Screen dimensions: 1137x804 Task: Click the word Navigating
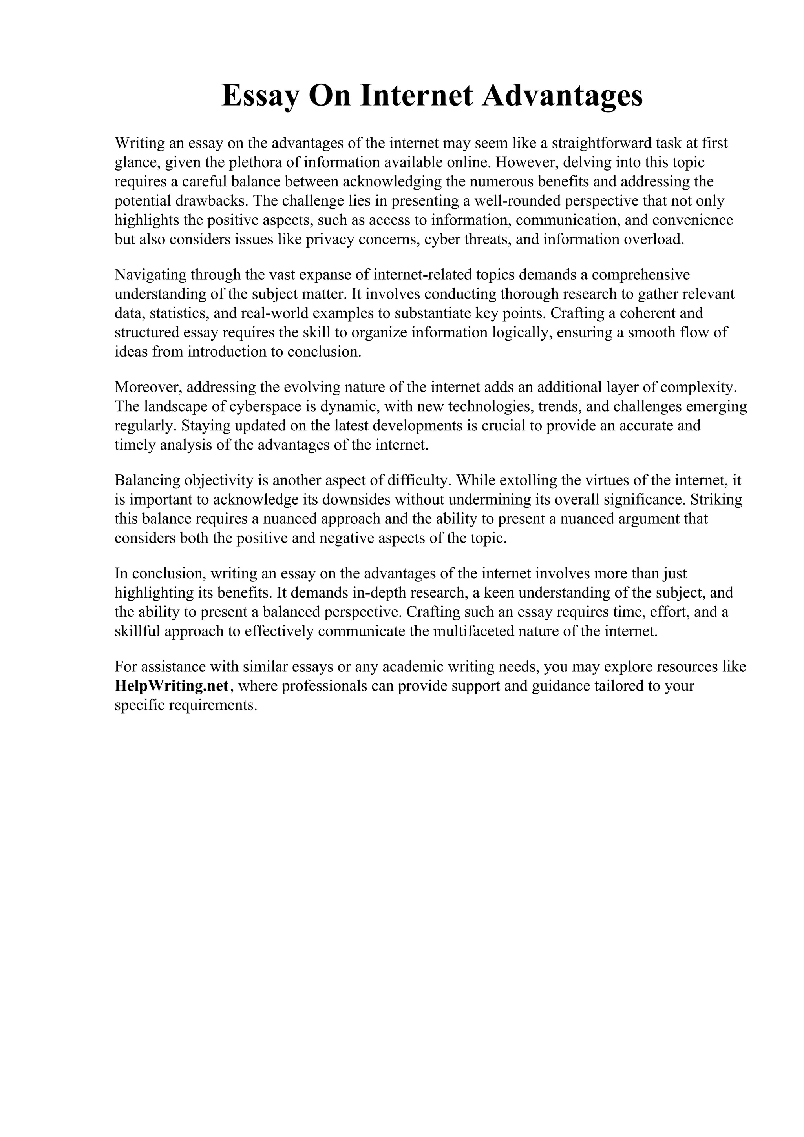coord(150,275)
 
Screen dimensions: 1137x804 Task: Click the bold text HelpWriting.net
coord(172,686)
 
